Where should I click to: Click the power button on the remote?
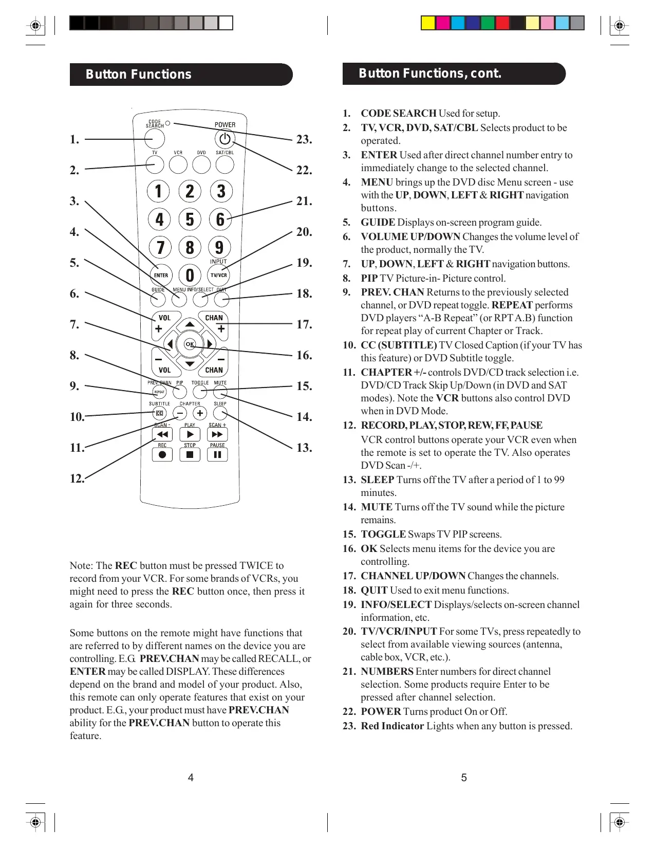coord(224,139)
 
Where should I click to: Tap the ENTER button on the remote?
coord(161,275)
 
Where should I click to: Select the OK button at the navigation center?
coord(190,344)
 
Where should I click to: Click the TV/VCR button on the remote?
coord(219,275)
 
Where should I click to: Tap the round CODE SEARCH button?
coord(155,139)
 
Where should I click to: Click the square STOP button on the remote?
coord(190,454)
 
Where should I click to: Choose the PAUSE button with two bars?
coord(217,454)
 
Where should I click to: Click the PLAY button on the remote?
coord(190,434)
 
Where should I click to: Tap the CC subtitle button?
coord(160,413)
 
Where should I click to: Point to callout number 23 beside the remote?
coord(304,139)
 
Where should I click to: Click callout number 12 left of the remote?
coord(77,478)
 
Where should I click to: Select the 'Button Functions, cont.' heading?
coord(430,73)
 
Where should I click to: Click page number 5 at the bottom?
coord(464,778)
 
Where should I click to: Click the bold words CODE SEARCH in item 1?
coord(398,113)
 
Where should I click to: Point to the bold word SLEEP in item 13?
coord(377,480)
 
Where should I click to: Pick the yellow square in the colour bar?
coord(427,23)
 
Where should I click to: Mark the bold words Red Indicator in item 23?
coord(392,726)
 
